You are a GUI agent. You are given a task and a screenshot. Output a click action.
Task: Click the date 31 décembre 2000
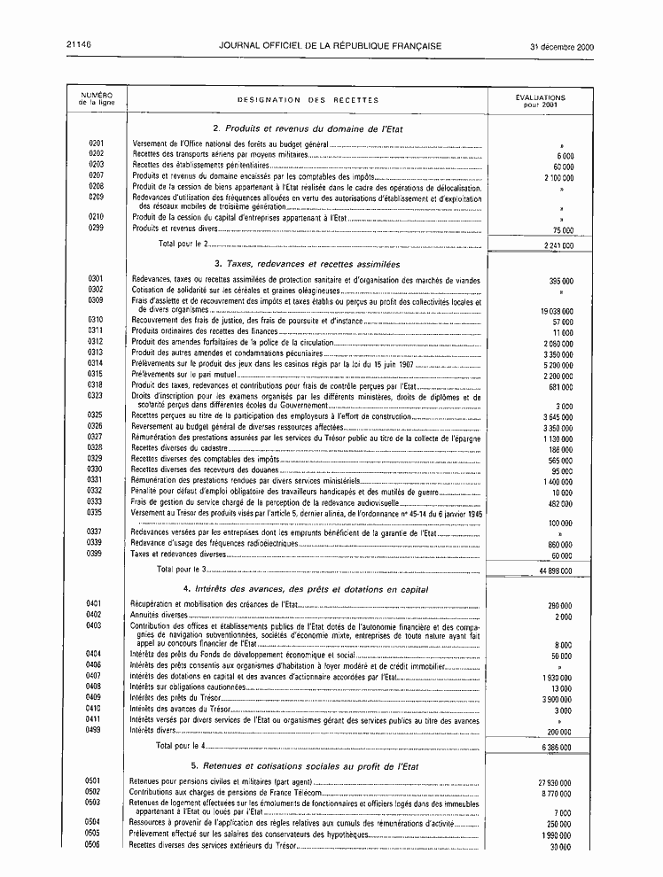click(x=562, y=46)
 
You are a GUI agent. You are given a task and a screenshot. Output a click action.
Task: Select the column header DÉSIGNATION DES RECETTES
click(x=308, y=100)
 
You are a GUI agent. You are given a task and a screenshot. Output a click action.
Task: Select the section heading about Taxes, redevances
click(x=307, y=264)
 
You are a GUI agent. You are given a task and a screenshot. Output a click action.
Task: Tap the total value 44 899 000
click(x=554, y=570)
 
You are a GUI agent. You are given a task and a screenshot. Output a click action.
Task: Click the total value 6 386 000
click(x=556, y=747)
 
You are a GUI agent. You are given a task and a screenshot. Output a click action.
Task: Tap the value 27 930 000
click(x=553, y=782)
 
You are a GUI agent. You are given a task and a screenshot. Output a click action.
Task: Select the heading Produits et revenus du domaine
click(x=308, y=128)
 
